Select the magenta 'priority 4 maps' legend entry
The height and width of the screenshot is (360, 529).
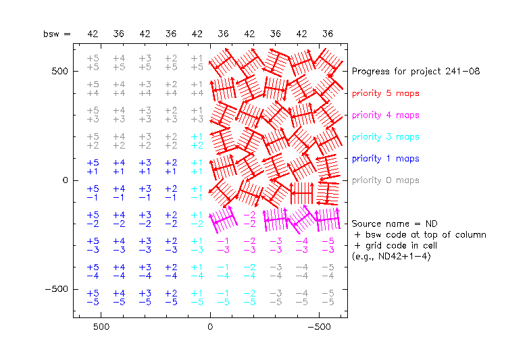point(385,115)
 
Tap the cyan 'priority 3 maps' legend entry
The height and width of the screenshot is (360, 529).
point(385,136)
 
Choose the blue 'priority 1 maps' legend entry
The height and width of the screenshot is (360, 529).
point(385,158)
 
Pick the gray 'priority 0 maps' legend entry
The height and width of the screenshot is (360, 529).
point(385,180)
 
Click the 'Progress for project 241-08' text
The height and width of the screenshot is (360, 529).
point(415,71)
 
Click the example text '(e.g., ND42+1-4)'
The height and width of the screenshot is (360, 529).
point(391,256)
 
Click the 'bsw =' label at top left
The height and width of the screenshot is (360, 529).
point(57,34)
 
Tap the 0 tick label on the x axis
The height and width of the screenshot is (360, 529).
point(210,326)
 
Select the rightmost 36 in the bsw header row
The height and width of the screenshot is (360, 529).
point(328,34)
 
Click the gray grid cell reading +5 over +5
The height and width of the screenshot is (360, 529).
point(93,63)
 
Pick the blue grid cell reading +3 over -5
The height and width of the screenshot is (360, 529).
point(145,298)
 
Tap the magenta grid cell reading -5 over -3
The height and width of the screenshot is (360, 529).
point(328,245)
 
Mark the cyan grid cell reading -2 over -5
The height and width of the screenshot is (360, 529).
point(249,298)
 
